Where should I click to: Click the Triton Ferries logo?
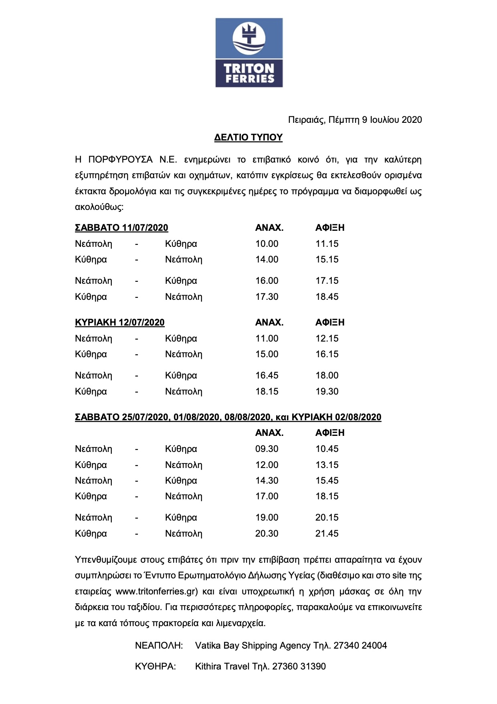(249, 53)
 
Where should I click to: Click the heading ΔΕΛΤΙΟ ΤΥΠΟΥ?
(248, 137)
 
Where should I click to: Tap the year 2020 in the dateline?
(412, 120)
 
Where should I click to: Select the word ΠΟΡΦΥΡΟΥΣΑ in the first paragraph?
(120, 160)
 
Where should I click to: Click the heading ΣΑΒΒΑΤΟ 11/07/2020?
(121, 228)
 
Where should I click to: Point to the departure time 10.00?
(267, 244)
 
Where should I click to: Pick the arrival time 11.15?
(327, 244)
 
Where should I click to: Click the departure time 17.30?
(267, 297)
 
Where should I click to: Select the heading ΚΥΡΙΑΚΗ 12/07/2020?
(119, 322)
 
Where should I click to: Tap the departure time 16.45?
(267, 375)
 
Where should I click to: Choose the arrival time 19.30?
(327, 391)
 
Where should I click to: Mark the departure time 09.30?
(267, 449)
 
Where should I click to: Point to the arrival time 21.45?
(327, 533)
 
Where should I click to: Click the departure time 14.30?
(267, 480)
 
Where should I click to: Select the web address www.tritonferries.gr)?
(157, 591)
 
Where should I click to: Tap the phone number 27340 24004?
(360, 645)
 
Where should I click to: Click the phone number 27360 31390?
(299, 666)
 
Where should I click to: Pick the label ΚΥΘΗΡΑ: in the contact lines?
(156, 666)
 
